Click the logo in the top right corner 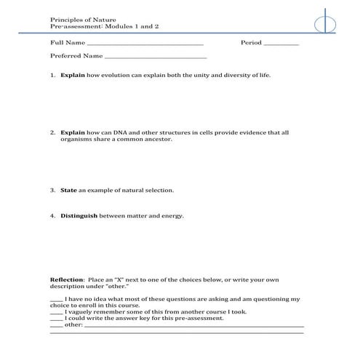[x=325, y=23]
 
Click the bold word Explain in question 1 [x=73, y=75]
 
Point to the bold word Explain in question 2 [x=73, y=133]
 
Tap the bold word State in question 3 [x=68, y=191]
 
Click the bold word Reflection [x=66, y=279]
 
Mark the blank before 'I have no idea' [x=56, y=299]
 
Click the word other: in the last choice [x=73, y=325]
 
